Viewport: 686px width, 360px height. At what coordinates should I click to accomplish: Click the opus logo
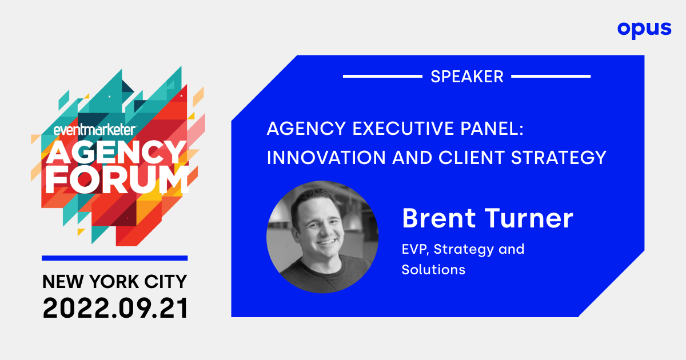[644, 30]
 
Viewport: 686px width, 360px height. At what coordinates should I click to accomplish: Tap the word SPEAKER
[467, 77]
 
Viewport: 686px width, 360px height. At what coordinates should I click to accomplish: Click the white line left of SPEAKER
[382, 76]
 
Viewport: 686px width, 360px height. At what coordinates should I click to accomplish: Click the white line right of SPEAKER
[551, 76]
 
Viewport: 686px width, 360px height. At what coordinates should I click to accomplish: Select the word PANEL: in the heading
[492, 128]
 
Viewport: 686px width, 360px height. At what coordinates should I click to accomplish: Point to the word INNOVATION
[326, 158]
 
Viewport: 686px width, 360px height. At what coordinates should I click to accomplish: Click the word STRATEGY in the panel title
[559, 158]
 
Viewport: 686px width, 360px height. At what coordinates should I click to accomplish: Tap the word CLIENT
[472, 158]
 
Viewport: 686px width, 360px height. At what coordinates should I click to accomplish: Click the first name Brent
[439, 218]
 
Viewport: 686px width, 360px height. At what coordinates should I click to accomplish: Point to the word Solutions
[433, 270]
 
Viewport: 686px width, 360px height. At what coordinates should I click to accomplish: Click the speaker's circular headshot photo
[322, 237]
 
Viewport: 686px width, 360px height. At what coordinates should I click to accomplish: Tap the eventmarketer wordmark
[95, 130]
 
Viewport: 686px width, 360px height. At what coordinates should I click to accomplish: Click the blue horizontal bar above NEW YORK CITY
[114, 258]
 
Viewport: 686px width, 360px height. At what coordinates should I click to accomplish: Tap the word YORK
[114, 282]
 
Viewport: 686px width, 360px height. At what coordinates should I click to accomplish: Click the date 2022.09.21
[115, 308]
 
